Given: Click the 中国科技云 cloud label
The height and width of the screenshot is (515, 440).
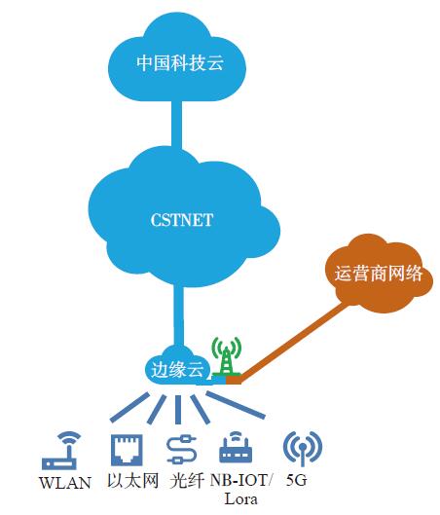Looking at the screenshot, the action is pos(180,62).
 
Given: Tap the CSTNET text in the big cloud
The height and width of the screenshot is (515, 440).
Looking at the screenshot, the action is pos(182,220).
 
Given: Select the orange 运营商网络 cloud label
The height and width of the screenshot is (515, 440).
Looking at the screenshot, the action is pos(379,274).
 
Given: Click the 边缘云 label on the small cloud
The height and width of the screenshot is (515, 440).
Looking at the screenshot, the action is pos(177,370).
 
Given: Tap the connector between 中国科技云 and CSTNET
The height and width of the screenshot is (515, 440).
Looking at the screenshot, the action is pos(176,124).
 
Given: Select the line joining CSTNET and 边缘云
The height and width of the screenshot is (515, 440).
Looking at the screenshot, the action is pos(178,313).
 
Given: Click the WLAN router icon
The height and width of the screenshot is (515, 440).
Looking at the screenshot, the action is pos(61,450).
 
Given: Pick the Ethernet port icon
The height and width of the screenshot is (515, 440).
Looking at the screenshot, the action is pos(127,450).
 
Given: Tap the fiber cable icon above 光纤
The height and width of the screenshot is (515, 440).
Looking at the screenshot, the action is pos(182,450).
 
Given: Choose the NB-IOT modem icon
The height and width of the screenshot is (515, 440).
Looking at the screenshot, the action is pos(236,447).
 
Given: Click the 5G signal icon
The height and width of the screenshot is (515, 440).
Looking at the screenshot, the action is pos(303,448).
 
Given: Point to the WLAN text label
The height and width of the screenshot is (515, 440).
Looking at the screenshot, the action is pos(65,483).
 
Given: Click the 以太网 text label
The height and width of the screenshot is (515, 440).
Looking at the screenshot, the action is pos(133,481).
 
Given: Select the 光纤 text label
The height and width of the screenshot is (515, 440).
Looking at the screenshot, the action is pos(187,481).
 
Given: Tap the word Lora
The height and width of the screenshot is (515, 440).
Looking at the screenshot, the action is pos(240,499).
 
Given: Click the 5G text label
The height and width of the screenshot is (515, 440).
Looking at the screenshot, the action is pos(297,480).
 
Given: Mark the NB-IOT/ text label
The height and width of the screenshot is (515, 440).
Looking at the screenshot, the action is pos(241,481).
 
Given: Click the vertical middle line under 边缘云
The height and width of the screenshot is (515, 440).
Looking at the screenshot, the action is pos(178,409).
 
